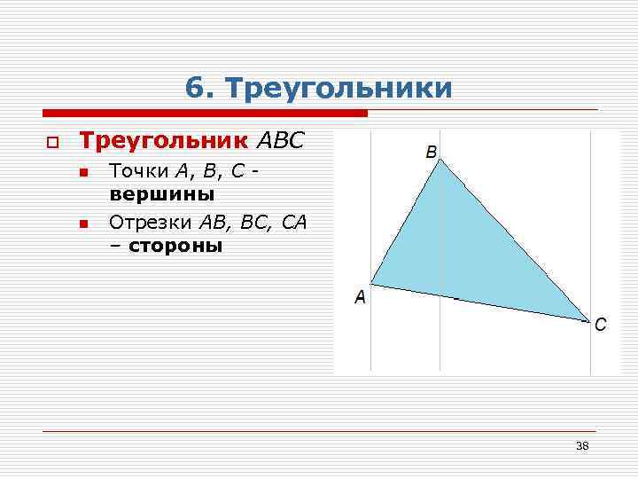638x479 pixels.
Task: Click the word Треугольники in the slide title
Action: coord(339,89)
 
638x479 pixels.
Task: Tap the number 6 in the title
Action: coord(195,89)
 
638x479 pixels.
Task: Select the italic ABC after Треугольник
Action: coord(280,140)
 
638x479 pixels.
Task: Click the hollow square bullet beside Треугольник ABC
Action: coord(52,142)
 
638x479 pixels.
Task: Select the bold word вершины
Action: coord(161,193)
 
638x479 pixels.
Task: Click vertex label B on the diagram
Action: coord(431,152)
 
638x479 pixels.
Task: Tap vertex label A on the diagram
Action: coord(360,297)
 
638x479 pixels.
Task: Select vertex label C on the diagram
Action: coord(600,325)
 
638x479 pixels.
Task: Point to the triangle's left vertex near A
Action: coord(370,284)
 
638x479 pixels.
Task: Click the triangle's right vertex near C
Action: coord(588,319)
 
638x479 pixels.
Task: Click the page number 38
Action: coord(582,445)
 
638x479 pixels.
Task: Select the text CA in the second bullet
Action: coord(294,223)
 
